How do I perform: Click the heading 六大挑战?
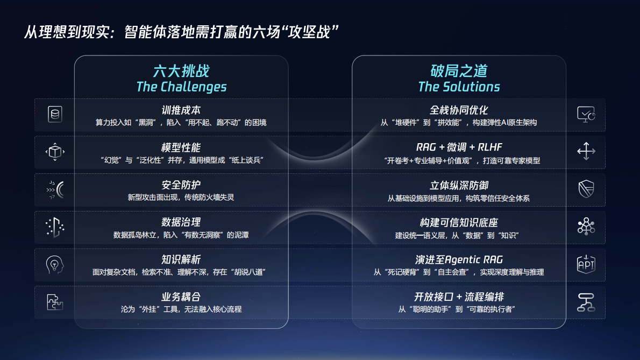click(x=181, y=70)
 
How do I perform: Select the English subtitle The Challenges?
click(x=181, y=87)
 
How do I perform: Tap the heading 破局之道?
click(x=459, y=70)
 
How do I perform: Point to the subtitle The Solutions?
click(x=459, y=87)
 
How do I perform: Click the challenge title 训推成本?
click(x=181, y=110)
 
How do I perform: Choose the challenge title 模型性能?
click(x=181, y=147)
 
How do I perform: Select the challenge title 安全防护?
click(x=181, y=185)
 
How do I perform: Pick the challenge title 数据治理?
click(x=181, y=222)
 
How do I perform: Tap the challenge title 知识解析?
click(x=181, y=259)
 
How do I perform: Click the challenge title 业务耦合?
click(x=181, y=297)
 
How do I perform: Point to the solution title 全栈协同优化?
click(x=459, y=110)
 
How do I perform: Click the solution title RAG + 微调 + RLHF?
click(x=459, y=147)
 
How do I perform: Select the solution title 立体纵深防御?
click(x=459, y=185)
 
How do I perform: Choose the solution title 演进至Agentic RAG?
click(x=459, y=259)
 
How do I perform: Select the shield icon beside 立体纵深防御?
click(x=586, y=189)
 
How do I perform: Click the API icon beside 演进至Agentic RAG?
click(x=586, y=264)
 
